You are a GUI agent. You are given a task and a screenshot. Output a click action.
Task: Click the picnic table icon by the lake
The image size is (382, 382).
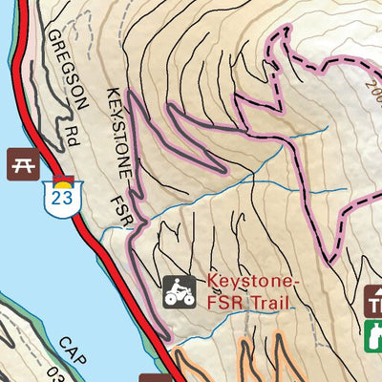pyautogui.click(x=24, y=163)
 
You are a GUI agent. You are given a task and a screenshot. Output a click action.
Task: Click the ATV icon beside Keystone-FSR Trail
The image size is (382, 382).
pyautogui.click(x=177, y=291)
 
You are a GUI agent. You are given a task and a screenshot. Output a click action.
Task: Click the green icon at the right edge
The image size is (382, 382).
pyautogui.click(x=374, y=335)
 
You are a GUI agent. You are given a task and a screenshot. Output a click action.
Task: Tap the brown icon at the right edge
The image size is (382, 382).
pyautogui.click(x=374, y=304)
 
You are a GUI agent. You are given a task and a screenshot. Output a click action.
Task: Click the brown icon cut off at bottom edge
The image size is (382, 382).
pyautogui.click(x=153, y=378)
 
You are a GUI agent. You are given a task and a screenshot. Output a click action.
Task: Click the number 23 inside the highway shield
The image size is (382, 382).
pyautogui.click(x=60, y=198)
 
